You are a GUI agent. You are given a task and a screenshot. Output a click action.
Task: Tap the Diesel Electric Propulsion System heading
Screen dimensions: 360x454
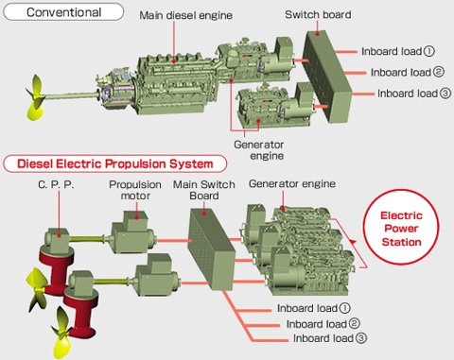click(x=114, y=162)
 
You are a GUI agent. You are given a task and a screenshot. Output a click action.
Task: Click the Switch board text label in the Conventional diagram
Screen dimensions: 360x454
click(x=318, y=15)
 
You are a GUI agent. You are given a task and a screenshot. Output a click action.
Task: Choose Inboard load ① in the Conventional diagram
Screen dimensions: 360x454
click(x=398, y=51)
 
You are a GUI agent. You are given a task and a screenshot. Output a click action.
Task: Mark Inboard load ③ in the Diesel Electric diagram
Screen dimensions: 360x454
click(x=330, y=338)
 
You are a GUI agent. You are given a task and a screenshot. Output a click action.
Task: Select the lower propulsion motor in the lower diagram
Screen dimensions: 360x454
click(x=152, y=283)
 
